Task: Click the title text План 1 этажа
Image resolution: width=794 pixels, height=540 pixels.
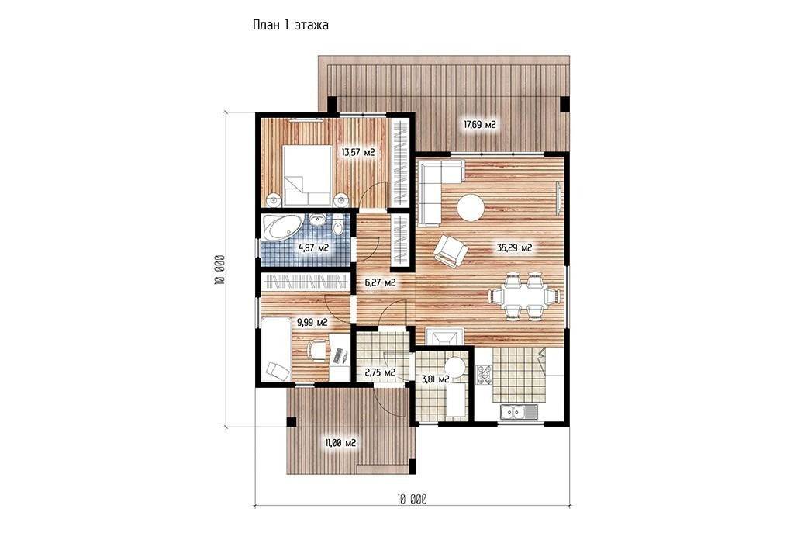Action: click(x=290, y=25)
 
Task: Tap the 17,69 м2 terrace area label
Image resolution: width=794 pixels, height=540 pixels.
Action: click(x=479, y=124)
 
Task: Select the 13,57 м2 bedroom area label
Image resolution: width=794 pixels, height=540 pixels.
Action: click(x=358, y=152)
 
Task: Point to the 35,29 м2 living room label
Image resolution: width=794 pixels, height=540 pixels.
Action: click(x=514, y=247)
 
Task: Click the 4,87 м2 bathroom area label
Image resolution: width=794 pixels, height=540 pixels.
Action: click(x=313, y=247)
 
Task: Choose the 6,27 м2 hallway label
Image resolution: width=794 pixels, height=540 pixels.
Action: click(x=380, y=282)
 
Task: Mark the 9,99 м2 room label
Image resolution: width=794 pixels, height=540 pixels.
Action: click(x=312, y=322)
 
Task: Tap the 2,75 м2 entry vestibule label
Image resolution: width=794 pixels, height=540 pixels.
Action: click(x=380, y=373)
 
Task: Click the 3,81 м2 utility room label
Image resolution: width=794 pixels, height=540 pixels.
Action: click(x=435, y=379)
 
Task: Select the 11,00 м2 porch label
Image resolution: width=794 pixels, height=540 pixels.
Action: click(x=340, y=443)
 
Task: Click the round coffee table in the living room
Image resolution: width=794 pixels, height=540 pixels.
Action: click(x=471, y=208)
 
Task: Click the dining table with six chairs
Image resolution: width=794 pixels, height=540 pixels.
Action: click(x=525, y=296)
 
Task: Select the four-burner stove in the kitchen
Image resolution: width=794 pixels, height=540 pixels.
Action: click(x=483, y=376)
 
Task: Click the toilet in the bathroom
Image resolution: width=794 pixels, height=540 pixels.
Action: click(x=338, y=226)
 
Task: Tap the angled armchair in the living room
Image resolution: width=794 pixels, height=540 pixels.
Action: click(x=451, y=251)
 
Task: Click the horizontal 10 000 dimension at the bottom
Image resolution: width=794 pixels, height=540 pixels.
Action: click(x=412, y=506)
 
